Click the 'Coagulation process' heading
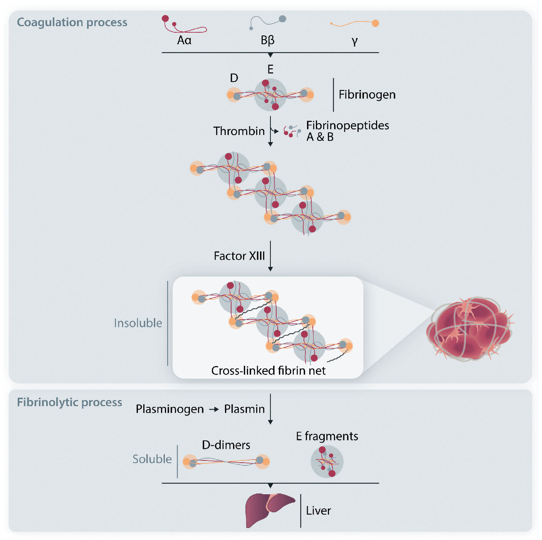point(72,22)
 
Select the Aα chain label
point(184,40)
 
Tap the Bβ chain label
point(268,40)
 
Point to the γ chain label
point(355,41)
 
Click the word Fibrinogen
point(367,95)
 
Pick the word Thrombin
point(239,131)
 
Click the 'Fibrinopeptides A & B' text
point(347,131)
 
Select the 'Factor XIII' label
point(239,256)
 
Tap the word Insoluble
point(138,323)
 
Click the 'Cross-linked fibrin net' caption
point(268,370)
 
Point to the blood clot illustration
point(469,328)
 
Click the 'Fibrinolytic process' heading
point(69,402)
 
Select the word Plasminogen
point(170,409)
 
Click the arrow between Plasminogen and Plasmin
point(214,409)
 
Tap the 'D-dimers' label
point(226,445)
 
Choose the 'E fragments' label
point(327,436)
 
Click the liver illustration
point(269,509)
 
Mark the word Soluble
point(152,459)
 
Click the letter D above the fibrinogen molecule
point(234,78)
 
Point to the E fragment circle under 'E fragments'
point(327,461)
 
